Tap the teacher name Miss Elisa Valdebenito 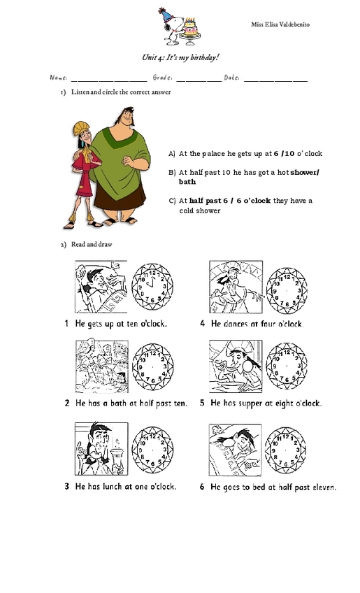[280, 24]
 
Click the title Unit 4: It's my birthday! [180, 57]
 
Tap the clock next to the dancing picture [287, 285]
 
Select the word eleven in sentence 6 [322, 487]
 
